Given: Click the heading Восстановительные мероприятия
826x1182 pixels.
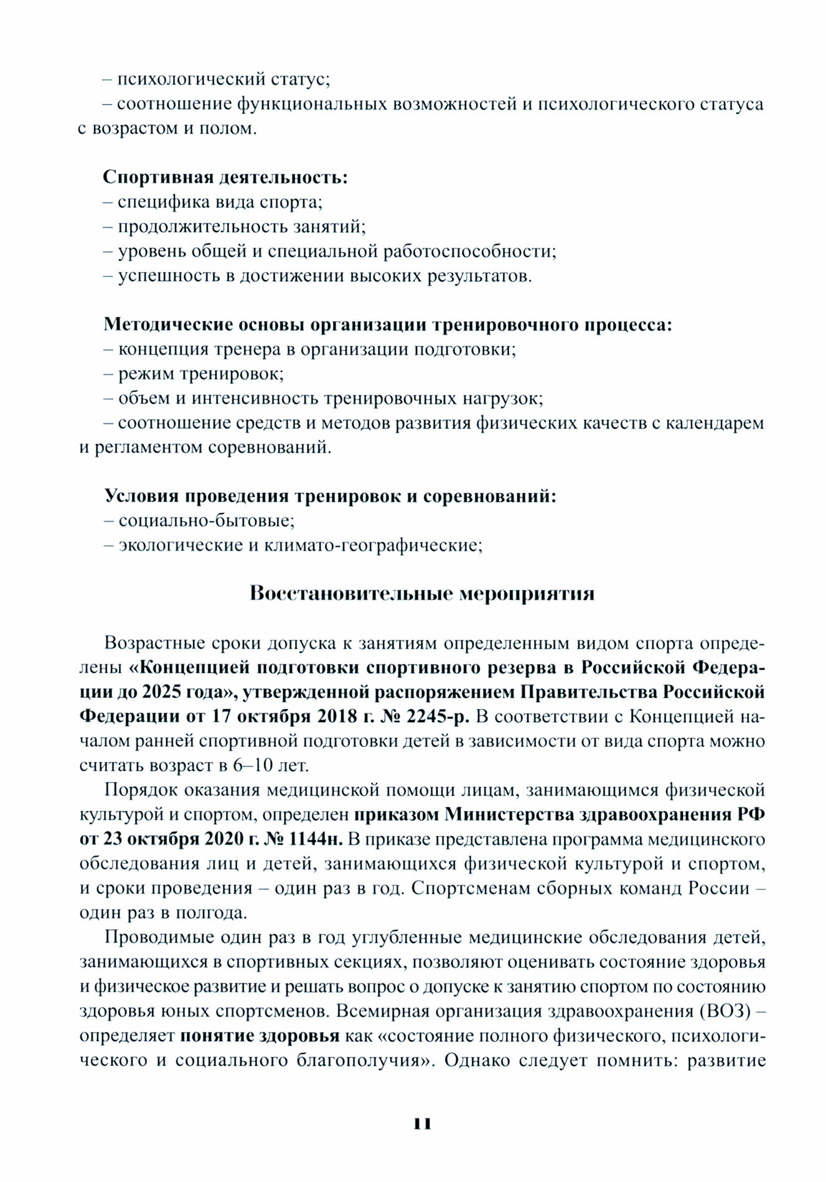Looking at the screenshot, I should [x=421, y=593].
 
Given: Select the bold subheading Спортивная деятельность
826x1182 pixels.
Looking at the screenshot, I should [x=225, y=177].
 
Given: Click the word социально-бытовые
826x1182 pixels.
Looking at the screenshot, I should [x=206, y=520].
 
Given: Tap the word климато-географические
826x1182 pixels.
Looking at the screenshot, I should [x=373, y=545].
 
